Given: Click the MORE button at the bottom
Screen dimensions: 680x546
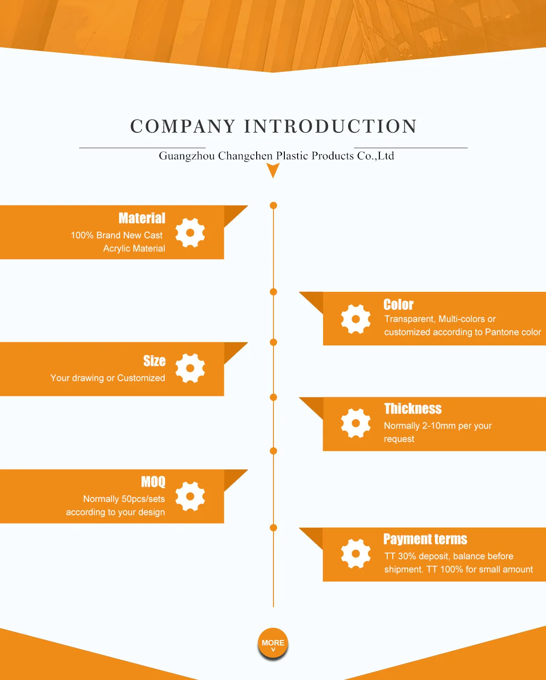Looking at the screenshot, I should (x=273, y=643).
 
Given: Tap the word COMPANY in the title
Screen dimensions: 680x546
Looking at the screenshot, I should (x=182, y=126).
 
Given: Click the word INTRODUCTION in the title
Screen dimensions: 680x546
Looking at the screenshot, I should (x=330, y=126).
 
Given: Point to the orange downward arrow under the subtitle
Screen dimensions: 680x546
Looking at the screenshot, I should (x=273, y=170).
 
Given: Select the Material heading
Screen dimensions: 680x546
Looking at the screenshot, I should (x=142, y=218).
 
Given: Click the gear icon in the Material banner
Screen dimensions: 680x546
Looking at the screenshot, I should (x=190, y=232).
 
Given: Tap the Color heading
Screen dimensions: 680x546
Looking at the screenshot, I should (x=399, y=305).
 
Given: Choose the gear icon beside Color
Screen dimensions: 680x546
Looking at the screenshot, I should (x=356, y=319).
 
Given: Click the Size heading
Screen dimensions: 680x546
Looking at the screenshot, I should (x=154, y=361).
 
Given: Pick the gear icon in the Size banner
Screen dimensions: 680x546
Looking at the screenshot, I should (x=190, y=368).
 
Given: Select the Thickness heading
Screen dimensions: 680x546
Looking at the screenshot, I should (x=413, y=409).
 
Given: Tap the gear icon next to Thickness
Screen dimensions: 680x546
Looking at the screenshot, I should (x=356, y=423).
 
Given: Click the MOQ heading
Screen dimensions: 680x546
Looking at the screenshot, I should (x=153, y=482).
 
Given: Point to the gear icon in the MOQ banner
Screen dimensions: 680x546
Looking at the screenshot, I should (x=190, y=496).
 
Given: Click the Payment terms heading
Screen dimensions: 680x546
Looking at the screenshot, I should (x=425, y=539).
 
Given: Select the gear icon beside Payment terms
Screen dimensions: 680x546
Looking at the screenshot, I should (x=356, y=554).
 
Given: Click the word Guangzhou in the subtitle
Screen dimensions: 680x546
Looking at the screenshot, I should (x=187, y=156).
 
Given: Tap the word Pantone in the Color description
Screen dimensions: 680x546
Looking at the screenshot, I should (x=500, y=332).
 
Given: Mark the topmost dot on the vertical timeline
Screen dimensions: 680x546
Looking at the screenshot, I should (x=273, y=205).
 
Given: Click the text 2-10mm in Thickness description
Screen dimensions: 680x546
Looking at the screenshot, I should (x=439, y=426).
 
